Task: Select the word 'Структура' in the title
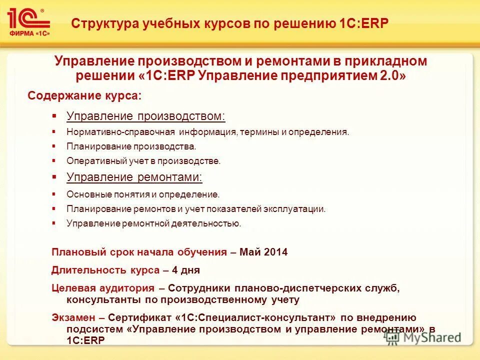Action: tap(102, 23)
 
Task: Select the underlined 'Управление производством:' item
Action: tap(146, 116)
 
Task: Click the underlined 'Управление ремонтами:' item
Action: tap(134, 177)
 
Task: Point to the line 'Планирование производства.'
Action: tap(131, 146)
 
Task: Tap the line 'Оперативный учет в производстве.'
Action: tap(143, 161)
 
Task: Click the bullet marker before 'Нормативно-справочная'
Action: tap(54, 132)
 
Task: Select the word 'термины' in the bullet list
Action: tap(257, 132)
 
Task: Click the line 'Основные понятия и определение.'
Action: tap(143, 194)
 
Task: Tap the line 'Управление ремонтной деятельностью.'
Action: tap(154, 223)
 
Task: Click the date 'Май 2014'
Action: tap(263, 252)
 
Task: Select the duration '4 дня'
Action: tap(186, 270)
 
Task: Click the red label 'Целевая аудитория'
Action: tap(103, 288)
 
